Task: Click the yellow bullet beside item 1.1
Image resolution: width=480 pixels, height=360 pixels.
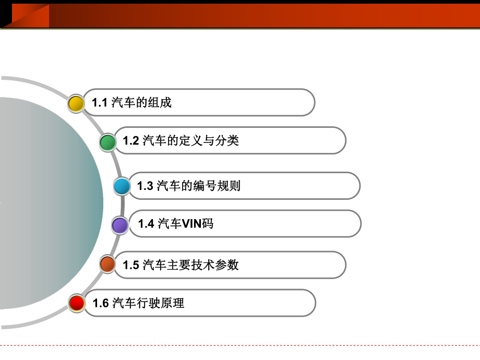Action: pos(76,103)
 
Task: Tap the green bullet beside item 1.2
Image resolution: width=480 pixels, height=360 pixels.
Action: pos(108,141)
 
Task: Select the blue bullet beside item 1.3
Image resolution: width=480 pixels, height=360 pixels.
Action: pos(122,186)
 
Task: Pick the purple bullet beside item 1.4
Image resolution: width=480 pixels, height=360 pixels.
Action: pos(120,225)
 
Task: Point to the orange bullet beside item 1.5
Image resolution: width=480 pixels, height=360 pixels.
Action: pos(107,265)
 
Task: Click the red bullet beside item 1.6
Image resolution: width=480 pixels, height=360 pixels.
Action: pos(77,303)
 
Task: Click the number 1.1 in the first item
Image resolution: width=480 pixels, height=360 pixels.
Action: pos(99,103)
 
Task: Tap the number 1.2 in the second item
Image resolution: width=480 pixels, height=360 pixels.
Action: pos(130,140)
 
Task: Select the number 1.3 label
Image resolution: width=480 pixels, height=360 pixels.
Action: pos(145,186)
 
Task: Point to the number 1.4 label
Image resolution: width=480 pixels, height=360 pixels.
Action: pos(146,224)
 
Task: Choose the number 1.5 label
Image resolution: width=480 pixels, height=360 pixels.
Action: pos(130,265)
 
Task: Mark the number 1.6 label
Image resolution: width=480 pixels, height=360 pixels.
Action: pos(100,303)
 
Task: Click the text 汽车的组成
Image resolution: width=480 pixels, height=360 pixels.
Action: pos(141,103)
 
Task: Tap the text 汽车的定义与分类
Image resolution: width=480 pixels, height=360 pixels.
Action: pos(190,140)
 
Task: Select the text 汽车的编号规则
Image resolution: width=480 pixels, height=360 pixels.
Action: pos(198,186)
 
